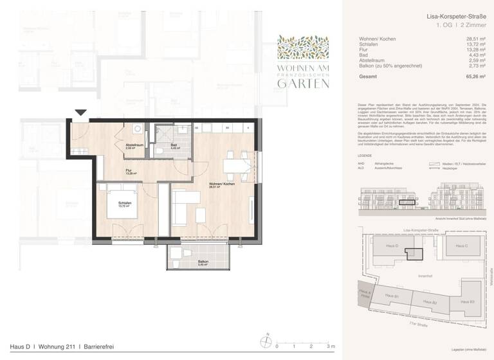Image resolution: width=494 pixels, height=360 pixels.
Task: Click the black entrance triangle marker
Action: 80,114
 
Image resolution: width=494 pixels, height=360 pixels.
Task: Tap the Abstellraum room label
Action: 134,145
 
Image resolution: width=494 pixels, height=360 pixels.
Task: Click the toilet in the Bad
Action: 159,151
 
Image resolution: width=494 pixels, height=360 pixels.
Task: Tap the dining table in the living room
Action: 235,165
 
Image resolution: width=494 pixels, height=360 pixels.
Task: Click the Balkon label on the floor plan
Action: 185,262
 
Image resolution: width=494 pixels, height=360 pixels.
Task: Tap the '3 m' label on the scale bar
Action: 331,346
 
